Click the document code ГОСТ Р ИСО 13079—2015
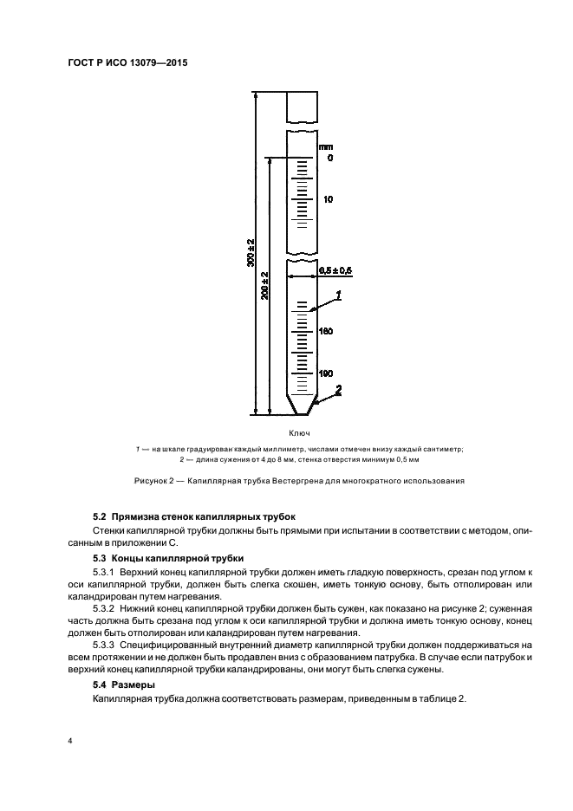click(128, 63)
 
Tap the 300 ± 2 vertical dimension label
click(251, 251)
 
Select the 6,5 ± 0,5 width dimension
click(335, 271)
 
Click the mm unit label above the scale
click(326, 147)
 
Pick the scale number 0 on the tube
click(329, 159)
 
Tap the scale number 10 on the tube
click(328, 199)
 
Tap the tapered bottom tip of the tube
click(299, 406)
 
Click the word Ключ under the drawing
click(298, 432)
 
